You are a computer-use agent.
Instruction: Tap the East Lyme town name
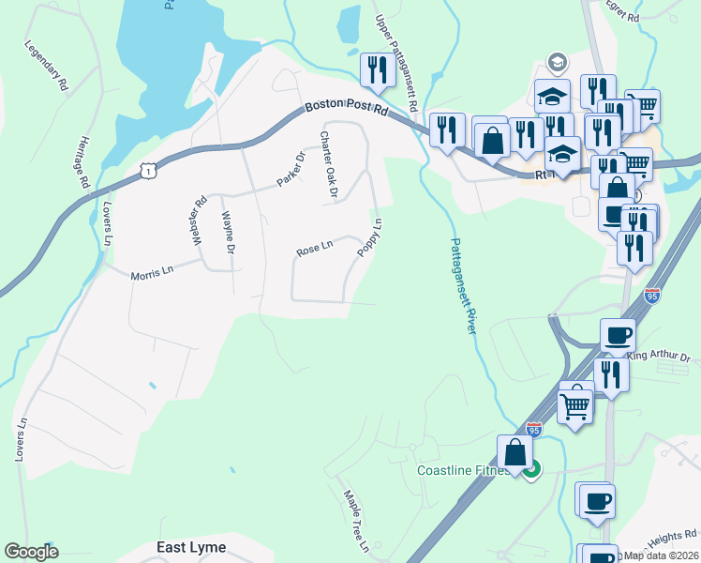coord(191,547)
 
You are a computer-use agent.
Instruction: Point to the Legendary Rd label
coord(47,65)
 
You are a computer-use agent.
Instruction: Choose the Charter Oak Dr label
coord(328,163)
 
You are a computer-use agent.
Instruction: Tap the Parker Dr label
coord(291,168)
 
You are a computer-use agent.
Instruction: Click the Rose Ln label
coord(314,250)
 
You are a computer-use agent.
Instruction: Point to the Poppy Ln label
coord(369,237)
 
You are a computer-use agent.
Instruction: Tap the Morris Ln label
coord(152,271)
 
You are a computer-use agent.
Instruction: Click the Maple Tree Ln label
coord(355,521)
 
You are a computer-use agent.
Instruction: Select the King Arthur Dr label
coord(658,357)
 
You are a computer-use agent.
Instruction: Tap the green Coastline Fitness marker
coord(532,471)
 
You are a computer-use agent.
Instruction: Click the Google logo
coord(31,552)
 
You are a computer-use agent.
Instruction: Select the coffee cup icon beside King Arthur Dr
coord(618,334)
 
